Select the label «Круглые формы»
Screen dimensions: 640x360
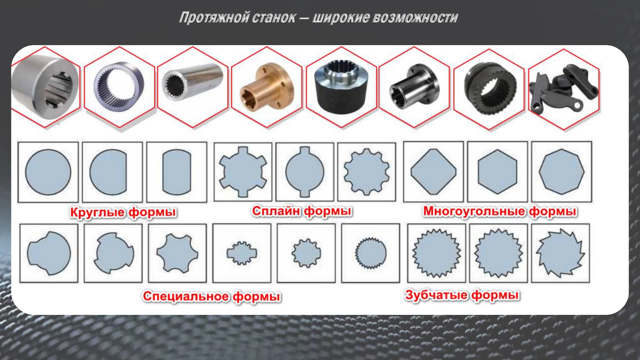pyautogui.click(x=123, y=212)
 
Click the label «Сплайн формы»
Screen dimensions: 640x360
pyautogui.click(x=302, y=211)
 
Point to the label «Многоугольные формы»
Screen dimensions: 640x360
pyautogui.click(x=500, y=212)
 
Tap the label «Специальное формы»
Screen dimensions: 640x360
pyautogui.click(x=212, y=296)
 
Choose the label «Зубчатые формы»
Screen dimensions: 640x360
pyautogui.click(x=462, y=295)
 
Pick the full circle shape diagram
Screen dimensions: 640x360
pyautogui.click(x=48, y=172)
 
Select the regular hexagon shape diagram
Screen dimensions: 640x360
pyautogui.click(x=497, y=172)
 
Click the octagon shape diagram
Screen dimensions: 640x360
pyautogui.click(x=562, y=172)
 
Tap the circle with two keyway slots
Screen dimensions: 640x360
pyautogui.click(x=305, y=172)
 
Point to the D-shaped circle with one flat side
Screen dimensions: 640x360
pyautogui.click(x=108, y=172)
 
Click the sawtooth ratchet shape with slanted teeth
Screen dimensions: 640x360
pyautogui.click(x=560, y=253)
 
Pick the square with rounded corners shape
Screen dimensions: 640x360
pyautogui.click(x=433, y=172)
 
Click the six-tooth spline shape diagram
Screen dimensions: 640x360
pyautogui.click(x=243, y=172)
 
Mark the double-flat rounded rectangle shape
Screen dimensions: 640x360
pyautogui.click(x=177, y=172)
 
